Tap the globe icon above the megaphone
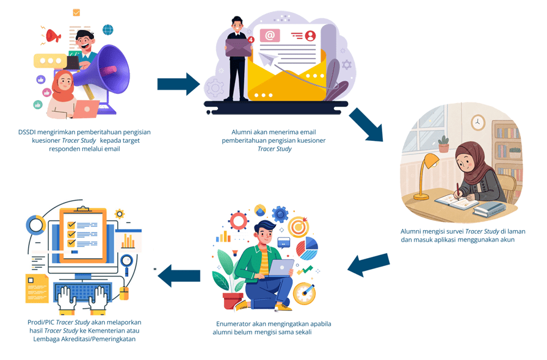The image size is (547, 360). pos(108,30)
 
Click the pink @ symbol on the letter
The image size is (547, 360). pos(269,35)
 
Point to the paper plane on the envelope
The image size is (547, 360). pos(269,59)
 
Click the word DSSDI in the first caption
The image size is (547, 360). pos(29,132)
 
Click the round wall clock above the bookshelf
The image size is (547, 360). pos(478,123)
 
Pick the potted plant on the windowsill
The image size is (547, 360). pos(444,144)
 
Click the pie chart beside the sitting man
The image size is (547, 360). pos(307,249)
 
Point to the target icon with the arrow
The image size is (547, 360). pos(299,226)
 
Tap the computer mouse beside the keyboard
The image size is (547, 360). pos(123,293)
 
